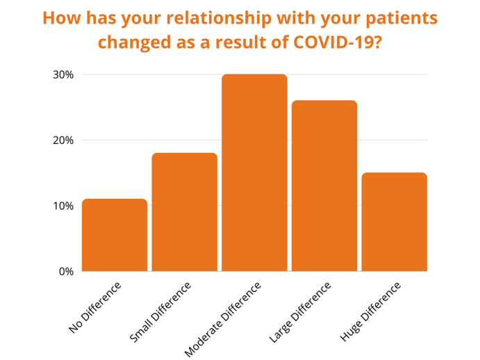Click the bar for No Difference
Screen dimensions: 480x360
point(115,235)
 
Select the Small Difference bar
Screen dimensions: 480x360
point(185,212)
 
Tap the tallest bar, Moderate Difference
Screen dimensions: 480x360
point(254,173)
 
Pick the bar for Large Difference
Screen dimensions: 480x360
point(324,186)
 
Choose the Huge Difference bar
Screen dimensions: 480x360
point(395,222)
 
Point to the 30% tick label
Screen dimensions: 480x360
point(63,75)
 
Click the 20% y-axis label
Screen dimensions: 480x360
point(63,140)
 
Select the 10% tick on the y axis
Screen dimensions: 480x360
point(63,206)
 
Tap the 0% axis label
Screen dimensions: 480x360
point(66,272)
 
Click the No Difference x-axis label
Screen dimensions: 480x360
point(95,307)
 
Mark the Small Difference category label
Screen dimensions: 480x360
point(160,312)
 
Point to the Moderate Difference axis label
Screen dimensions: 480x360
point(223,319)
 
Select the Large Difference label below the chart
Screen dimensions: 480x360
point(300,312)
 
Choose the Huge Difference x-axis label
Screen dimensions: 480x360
point(370,311)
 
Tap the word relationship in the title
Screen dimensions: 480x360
point(219,18)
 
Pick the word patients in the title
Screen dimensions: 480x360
point(402,18)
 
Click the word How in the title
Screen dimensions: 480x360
point(62,18)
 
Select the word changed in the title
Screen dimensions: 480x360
point(134,42)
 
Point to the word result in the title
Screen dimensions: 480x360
point(241,42)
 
